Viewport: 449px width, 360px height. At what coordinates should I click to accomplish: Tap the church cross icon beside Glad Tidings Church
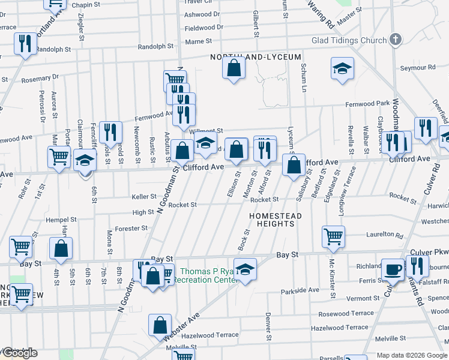[395, 40]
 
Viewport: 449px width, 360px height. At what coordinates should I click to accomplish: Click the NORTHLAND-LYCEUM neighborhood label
[255, 57]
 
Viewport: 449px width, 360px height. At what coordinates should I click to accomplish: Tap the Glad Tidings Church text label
[349, 41]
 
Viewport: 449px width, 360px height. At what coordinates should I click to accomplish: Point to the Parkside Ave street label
[300, 290]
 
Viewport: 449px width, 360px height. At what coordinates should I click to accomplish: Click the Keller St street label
[144, 196]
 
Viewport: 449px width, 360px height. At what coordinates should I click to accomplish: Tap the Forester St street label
[131, 228]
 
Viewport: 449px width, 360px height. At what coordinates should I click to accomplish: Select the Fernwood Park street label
[367, 104]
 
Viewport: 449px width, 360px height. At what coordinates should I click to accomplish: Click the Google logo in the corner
[19, 353]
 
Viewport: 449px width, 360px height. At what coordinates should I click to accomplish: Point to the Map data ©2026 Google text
[411, 355]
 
